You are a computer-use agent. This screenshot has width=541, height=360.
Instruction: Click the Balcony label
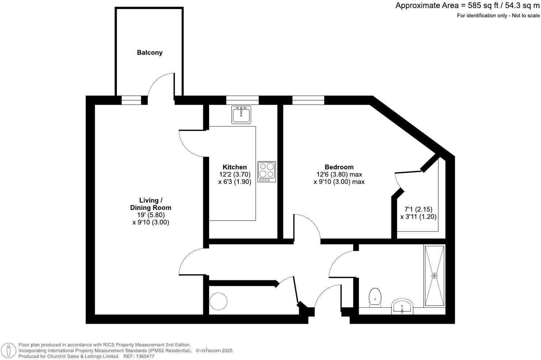point(150,53)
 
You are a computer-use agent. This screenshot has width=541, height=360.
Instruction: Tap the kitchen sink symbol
point(241,115)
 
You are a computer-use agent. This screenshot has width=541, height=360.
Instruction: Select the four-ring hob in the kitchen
point(266,172)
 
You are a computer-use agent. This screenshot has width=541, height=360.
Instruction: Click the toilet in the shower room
point(375,296)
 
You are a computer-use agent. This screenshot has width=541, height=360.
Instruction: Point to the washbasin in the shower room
point(402,307)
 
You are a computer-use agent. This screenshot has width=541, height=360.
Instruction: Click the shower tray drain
point(435,275)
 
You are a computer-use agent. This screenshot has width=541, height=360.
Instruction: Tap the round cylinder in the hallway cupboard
point(219,301)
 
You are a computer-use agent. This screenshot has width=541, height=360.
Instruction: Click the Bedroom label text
point(339,167)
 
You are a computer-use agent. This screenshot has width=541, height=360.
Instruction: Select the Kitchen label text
point(235,167)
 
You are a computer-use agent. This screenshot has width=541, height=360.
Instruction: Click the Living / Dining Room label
point(151,204)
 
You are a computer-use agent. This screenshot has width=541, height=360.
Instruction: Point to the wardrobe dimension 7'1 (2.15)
point(418,209)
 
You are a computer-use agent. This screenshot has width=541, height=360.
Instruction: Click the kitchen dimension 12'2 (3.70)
point(235,175)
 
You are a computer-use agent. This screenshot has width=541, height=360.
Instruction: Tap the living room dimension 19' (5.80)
point(151,215)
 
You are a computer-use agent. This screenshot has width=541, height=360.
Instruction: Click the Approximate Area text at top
point(467,6)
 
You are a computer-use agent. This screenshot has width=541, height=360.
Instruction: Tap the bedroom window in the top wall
point(308,100)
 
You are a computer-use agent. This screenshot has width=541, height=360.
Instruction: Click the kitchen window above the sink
point(242,100)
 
